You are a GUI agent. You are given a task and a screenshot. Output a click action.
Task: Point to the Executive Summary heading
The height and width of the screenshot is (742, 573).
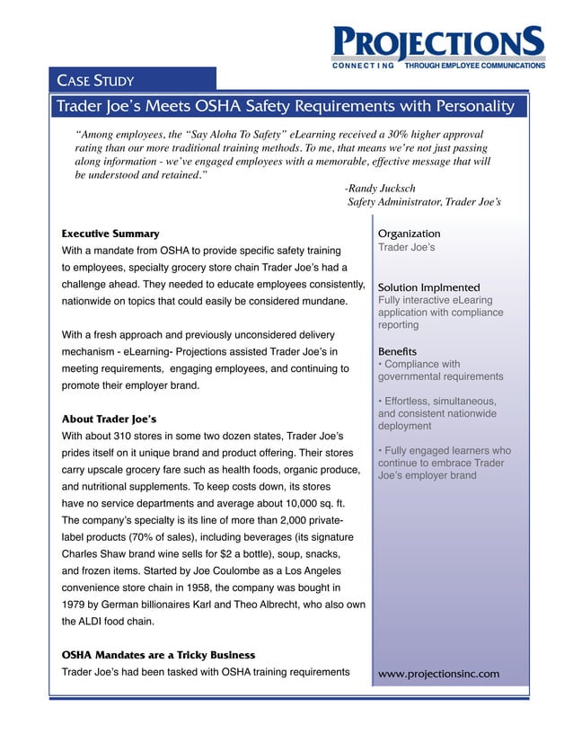click(x=110, y=234)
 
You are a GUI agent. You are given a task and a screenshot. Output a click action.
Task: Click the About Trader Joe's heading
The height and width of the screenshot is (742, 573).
click(x=109, y=420)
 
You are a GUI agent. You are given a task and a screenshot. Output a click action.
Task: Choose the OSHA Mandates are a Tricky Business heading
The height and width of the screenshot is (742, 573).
click(x=157, y=655)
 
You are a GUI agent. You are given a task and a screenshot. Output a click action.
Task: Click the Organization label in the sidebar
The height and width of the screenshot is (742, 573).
click(x=410, y=234)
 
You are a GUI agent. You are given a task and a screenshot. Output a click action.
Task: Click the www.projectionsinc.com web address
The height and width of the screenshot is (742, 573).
click(x=439, y=674)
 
